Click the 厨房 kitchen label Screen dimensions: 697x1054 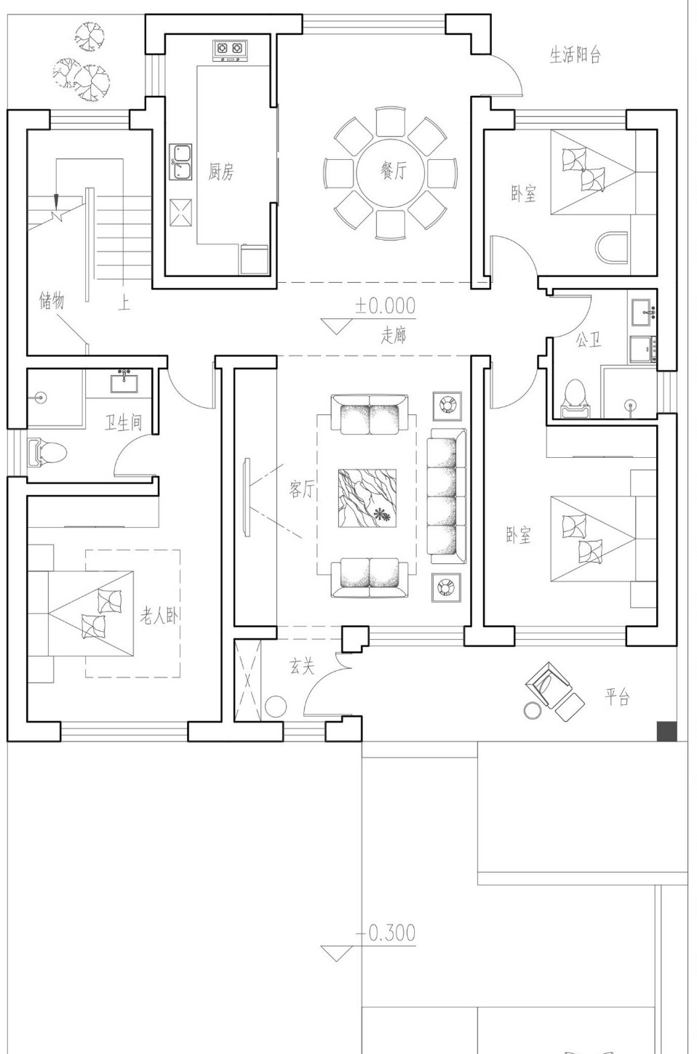pyautogui.click(x=221, y=172)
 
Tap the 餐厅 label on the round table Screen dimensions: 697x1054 pyautogui.click(x=393, y=169)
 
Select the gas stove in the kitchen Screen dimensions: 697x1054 pyautogui.click(x=230, y=50)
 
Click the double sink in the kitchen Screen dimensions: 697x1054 pyautogui.click(x=181, y=162)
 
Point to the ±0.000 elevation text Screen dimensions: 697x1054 pyautogui.click(x=385, y=306)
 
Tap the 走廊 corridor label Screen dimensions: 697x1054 pyautogui.click(x=394, y=335)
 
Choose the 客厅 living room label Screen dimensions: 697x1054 pyautogui.click(x=301, y=489)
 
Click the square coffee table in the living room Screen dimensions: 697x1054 pyautogui.click(x=367, y=498)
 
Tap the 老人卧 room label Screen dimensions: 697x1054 pyautogui.click(x=159, y=615)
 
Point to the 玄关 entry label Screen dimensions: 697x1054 pyautogui.click(x=302, y=666)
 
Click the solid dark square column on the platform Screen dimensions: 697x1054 pyautogui.click(x=667, y=731)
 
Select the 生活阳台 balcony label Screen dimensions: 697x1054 pyautogui.click(x=575, y=55)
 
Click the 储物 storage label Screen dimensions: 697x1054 pyautogui.click(x=52, y=300)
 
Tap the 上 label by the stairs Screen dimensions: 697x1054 pyautogui.click(x=124, y=302)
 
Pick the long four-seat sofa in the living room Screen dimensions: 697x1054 pyautogui.click(x=447, y=496)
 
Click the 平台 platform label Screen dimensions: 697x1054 pyautogui.click(x=617, y=696)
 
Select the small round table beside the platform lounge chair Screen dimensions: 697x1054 pyautogui.click(x=533, y=710)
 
